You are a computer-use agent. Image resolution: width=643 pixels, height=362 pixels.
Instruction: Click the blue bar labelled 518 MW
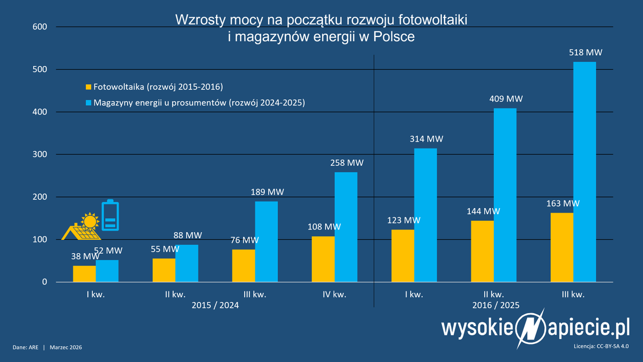585,172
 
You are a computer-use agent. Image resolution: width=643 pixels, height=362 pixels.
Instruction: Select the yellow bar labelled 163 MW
561,247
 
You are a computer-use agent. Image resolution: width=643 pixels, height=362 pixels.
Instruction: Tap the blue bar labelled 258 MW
346,227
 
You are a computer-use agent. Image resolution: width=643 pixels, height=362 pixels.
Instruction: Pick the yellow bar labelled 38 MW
84,274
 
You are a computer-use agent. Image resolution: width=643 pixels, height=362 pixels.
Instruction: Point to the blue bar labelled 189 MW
267,241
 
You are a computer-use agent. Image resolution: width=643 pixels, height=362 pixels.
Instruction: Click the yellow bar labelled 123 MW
403,255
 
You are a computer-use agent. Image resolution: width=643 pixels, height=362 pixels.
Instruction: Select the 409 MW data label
505,99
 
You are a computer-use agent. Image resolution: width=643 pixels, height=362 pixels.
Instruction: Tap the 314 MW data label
426,139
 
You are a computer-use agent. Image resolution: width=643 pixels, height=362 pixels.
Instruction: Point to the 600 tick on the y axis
41,27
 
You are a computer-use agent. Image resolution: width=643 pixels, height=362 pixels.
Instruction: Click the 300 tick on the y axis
41,154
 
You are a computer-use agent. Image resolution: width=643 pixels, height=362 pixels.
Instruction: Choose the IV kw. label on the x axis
334,294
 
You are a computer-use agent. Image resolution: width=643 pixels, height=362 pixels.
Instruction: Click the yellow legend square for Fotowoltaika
88,87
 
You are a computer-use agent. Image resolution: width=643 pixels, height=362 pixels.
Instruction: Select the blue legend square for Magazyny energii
88,102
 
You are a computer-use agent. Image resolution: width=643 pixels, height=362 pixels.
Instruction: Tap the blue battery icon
110,216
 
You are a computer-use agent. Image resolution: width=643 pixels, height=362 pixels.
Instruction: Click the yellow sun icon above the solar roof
90,220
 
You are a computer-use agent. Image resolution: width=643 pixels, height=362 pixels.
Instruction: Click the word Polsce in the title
394,38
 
